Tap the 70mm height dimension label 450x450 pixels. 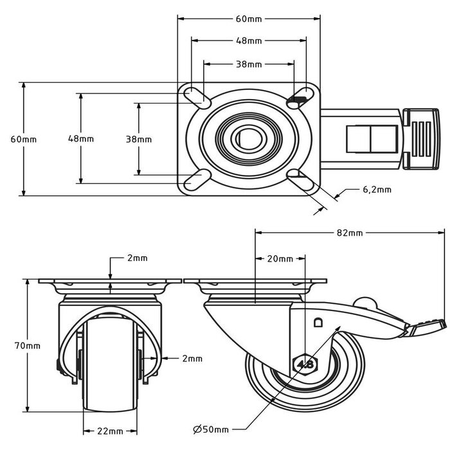(28, 345)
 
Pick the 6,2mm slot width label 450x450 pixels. (377, 190)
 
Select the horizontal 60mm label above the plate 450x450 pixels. (249, 19)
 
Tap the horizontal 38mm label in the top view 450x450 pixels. (249, 64)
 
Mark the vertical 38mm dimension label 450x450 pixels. (138, 139)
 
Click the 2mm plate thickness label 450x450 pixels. (136, 258)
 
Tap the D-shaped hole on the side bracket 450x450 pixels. (317, 323)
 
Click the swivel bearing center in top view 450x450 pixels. (245, 138)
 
